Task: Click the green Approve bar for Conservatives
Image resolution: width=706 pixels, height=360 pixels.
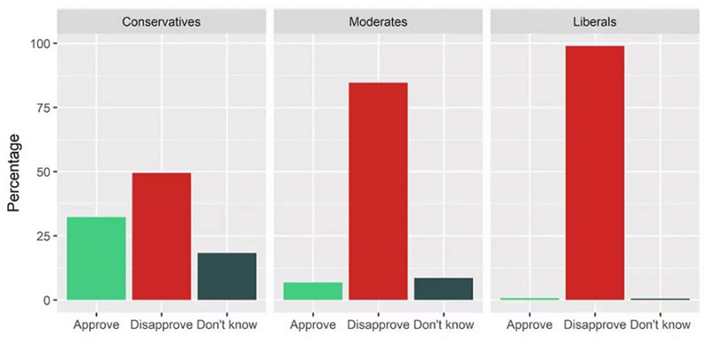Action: (x=96, y=259)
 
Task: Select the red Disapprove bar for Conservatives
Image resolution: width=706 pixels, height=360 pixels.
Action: (x=161, y=236)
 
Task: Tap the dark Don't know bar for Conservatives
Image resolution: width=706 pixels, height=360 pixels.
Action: (x=227, y=276)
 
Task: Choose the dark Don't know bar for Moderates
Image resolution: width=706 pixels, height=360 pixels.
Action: (x=443, y=289)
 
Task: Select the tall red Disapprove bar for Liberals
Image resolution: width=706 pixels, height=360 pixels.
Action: (x=595, y=173)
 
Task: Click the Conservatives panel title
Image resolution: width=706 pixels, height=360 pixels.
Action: (x=161, y=22)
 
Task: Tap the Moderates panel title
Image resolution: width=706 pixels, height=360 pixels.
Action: (x=378, y=22)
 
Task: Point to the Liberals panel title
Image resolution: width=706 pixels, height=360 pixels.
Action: (x=595, y=22)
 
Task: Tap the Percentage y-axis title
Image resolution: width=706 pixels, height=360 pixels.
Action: (x=15, y=172)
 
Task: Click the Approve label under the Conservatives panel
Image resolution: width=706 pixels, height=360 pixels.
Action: (x=96, y=325)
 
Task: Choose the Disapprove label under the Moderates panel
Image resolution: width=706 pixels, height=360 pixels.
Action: (x=378, y=325)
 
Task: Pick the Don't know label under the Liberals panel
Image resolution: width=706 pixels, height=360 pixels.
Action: (x=660, y=325)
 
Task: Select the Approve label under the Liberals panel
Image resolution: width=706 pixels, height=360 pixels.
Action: (x=529, y=325)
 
